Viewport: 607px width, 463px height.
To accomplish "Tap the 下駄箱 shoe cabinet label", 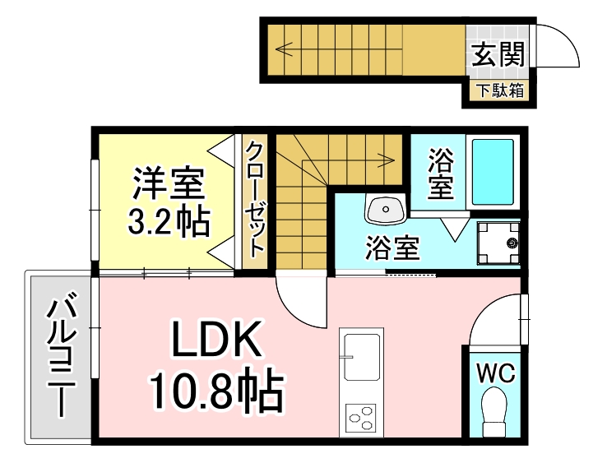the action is tap(500, 90).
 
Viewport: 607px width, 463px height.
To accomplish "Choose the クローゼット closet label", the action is tap(255, 200).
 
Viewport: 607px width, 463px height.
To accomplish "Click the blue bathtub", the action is tap(493, 172).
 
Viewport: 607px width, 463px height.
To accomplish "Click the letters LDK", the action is tap(216, 340).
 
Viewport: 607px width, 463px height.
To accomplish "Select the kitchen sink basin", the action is tap(362, 357).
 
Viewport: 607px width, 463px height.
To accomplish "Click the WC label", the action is tap(496, 373).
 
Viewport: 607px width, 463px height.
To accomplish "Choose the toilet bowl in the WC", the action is tap(494, 412).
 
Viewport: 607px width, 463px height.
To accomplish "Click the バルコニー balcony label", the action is tap(61, 355).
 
